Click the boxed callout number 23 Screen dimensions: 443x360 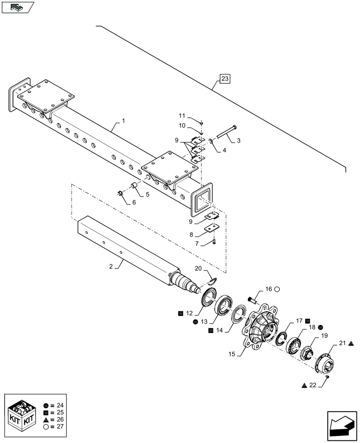pyautogui.click(x=225, y=79)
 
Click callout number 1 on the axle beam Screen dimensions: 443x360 pyautogui.click(x=123, y=120)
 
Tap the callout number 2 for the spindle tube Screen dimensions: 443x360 pyautogui.click(x=111, y=267)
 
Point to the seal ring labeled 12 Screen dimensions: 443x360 pyautogui.click(x=208, y=299)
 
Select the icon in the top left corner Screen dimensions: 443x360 pyautogui.click(x=18, y=7)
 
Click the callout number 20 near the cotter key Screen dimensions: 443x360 pyautogui.click(x=198, y=269)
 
